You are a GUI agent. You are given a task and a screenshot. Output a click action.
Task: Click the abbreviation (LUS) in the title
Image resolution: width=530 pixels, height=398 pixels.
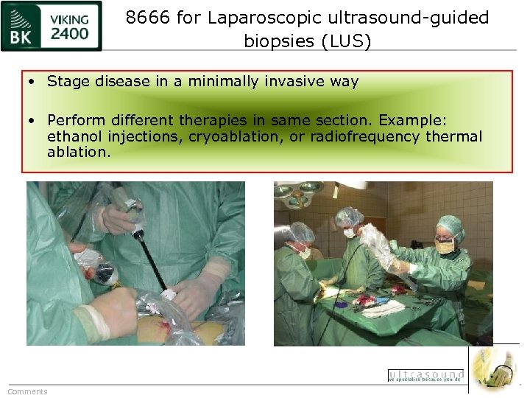tap(346, 41)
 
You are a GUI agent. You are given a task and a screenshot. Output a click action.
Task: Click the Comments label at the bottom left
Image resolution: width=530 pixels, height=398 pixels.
tap(27, 391)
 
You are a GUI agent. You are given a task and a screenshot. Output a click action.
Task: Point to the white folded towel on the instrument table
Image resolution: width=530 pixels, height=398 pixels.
tap(384, 308)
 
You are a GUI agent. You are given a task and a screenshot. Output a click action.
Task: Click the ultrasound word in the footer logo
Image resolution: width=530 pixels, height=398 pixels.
tap(426, 374)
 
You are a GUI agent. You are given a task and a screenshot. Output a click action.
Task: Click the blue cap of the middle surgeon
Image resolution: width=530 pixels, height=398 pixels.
tap(349, 216)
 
